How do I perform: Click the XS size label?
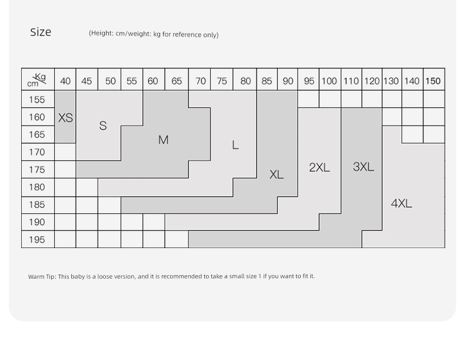tap(65, 118)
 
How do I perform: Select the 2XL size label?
tap(320, 167)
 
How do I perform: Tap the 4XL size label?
tap(401, 203)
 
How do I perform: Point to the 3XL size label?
tap(363, 167)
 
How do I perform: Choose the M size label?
tap(164, 140)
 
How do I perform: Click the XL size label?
tap(277, 174)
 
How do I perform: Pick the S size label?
tap(103, 125)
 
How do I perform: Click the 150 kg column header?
tap(433, 81)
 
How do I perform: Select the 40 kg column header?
tap(65, 81)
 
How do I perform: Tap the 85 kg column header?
tap(267, 81)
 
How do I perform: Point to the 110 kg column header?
tap(351, 81)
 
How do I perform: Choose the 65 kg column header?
tap(177, 81)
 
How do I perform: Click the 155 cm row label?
tap(36, 100)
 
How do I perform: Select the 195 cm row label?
tap(36, 239)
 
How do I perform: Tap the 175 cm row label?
tap(36, 170)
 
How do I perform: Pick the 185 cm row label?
tap(36, 204)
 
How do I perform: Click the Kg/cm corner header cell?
tap(38, 79)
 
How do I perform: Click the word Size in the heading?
tap(41, 32)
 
